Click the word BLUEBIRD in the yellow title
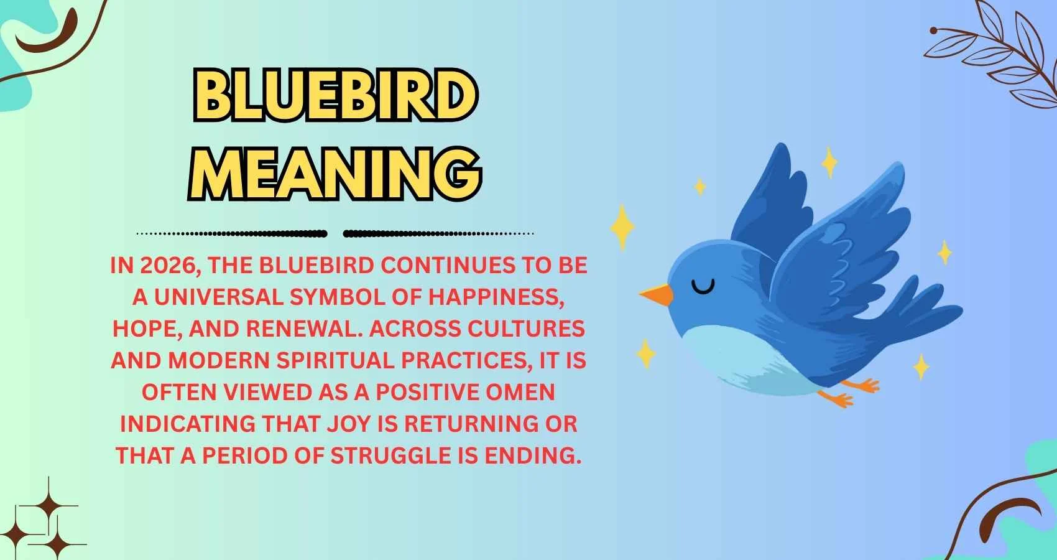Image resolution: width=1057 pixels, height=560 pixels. (x=335, y=97)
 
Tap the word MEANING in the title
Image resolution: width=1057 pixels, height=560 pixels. (x=335, y=169)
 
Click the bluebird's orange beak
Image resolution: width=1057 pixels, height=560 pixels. (x=657, y=295)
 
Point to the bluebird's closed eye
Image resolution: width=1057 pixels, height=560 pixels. (x=703, y=287)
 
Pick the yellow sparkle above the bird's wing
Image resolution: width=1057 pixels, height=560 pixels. (x=829, y=162)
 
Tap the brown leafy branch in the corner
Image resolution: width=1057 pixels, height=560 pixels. (x=995, y=56)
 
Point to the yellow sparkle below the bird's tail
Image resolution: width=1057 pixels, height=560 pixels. (x=921, y=367)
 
